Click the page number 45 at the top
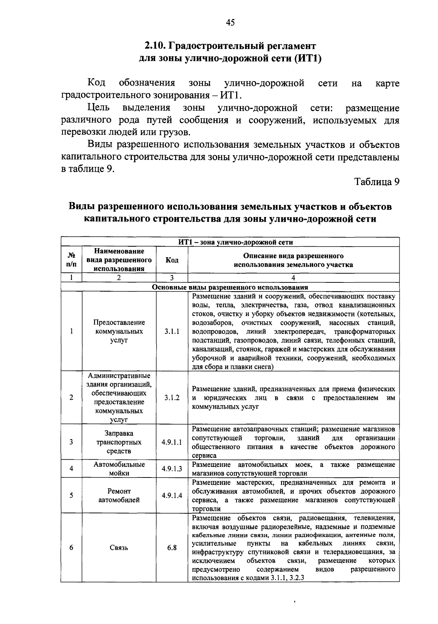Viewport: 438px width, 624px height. click(230, 23)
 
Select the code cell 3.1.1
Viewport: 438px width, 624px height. click(172, 331)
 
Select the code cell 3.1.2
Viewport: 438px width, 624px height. click(172, 397)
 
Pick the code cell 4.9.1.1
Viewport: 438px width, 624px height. click(172, 442)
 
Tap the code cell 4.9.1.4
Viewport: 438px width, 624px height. click(172, 495)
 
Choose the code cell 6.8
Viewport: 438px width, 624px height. click(172, 548)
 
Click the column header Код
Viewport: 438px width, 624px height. click(172, 260)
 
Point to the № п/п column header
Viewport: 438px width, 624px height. click(71, 260)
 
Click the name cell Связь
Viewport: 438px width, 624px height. click(119, 548)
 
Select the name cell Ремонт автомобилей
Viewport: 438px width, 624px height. click(119, 495)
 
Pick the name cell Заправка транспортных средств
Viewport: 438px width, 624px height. click(119, 442)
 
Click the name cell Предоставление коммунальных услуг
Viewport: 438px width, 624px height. click(119, 331)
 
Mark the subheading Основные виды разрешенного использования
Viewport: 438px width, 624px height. click(230, 287)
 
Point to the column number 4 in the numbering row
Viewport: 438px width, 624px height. click(293, 278)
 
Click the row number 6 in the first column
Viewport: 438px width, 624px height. click(71, 548)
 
